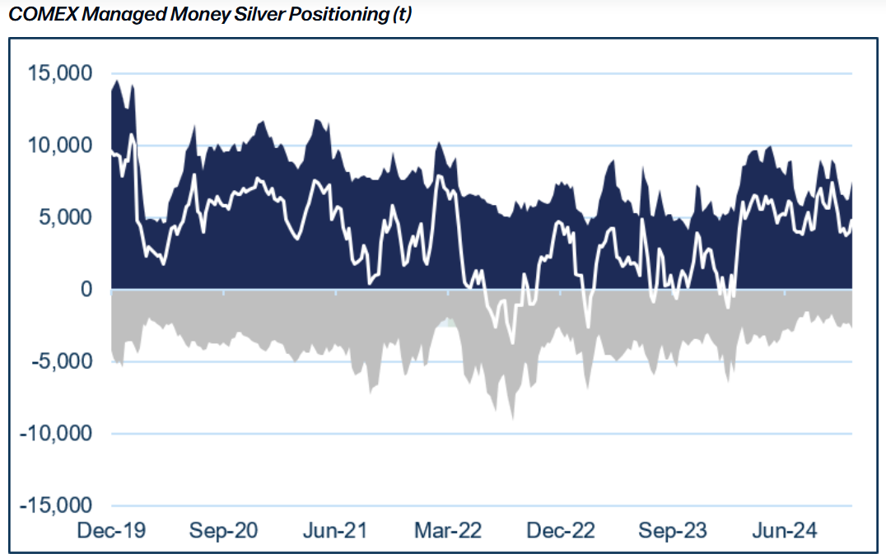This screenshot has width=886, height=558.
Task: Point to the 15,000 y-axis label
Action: click(60, 73)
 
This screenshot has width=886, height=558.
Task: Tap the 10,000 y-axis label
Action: click(60, 145)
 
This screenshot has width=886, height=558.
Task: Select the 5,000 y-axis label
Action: click(66, 217)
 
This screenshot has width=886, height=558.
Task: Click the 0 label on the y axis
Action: click(86, 289)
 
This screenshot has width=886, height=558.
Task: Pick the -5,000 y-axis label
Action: click(62, 361)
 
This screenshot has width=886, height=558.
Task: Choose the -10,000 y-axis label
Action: click(56, 433)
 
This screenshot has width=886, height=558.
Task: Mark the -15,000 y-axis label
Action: click(56, 505)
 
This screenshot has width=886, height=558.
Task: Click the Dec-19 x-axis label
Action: click(111, 530)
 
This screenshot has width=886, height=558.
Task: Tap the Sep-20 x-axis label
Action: click(223, 530)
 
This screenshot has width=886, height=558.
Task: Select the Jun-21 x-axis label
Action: click(335, 530)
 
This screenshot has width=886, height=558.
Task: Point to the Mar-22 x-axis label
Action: click(448, 530)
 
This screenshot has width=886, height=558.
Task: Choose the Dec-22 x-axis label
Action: click(561, 530)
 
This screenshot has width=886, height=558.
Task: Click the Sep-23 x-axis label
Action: click(673, 530)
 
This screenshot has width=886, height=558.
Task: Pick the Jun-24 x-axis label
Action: click(785, 530)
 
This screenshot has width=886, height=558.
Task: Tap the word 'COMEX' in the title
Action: click(44, 14)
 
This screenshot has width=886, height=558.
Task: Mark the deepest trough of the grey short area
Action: click(512, 418)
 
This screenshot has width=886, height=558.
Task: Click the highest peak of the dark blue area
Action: click(117, 81)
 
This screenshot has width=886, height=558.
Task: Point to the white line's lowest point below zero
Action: click(512, 343)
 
